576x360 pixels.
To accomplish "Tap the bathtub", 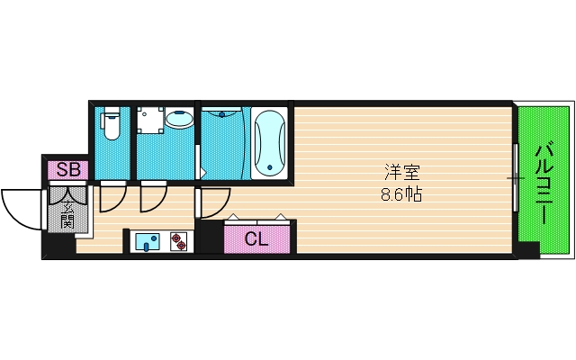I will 270,141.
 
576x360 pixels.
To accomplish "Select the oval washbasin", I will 181,119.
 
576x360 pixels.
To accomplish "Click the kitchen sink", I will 148,241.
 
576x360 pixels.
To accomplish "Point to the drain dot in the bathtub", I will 270,166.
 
